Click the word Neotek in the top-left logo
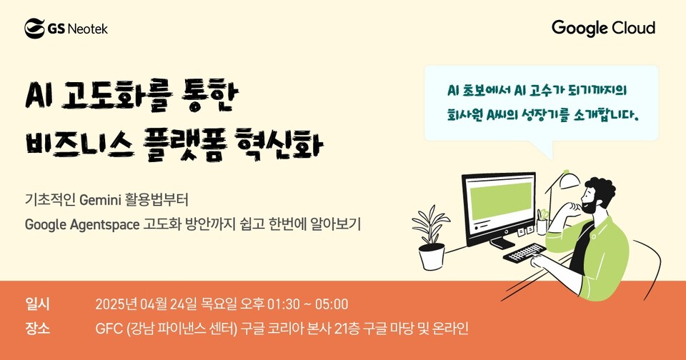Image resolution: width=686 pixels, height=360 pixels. coord(87,29)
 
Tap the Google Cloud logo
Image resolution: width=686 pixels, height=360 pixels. coord(603,29)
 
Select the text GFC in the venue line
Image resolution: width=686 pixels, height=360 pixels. coord(109,329)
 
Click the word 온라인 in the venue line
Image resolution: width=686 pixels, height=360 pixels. coord(452,329)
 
